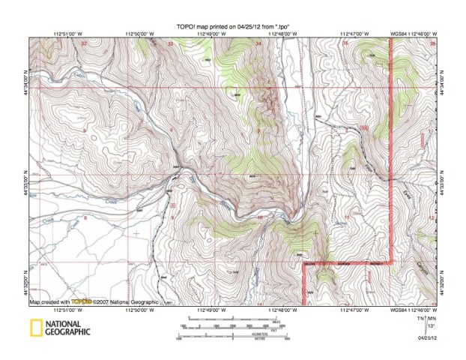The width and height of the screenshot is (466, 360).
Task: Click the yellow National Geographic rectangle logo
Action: [35, 327]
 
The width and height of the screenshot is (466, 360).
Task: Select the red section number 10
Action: [259, 217]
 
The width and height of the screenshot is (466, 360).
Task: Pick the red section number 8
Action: [85, 218]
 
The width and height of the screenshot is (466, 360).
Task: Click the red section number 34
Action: [259, 44]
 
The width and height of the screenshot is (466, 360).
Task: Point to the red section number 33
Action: [172, 44]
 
